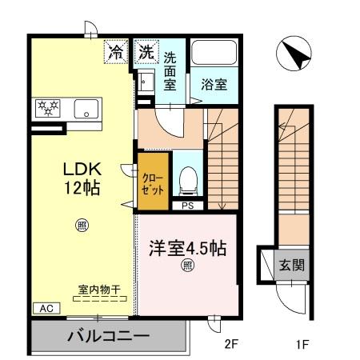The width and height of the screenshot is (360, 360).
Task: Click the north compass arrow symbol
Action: tap(294, 54)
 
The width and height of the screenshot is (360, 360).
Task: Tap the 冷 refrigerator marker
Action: tap(116, 54)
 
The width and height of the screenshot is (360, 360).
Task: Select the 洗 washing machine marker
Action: tap(146, 54)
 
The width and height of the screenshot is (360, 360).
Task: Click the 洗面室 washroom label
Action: tap(171, 71)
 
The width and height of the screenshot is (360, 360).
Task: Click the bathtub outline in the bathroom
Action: tap(214, 56)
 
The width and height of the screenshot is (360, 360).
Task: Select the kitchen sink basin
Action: tap(86, 107)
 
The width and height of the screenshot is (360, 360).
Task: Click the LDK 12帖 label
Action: tap(81, 179)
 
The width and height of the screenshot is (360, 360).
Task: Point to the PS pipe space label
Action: tap(188, 206)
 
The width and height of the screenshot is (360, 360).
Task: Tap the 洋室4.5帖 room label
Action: tap(186, 248)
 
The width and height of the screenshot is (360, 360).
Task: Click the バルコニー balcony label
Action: tap(108, 335)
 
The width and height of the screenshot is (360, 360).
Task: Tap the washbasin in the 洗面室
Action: tap(146, 82)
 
